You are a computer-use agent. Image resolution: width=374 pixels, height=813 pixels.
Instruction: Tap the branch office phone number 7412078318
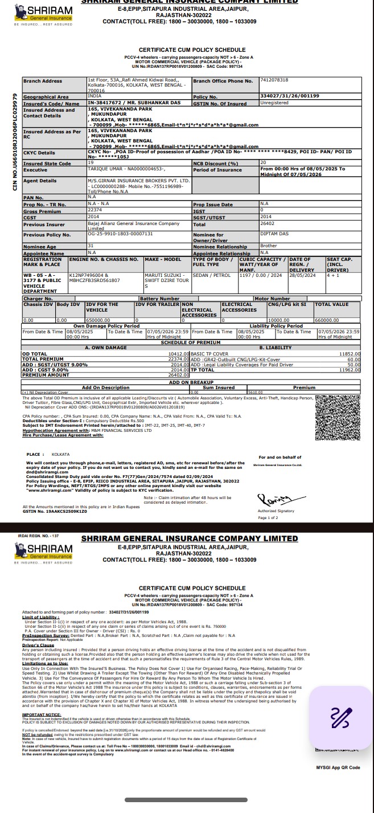[274, 80]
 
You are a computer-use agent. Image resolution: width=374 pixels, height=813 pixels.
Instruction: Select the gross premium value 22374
[95, 210]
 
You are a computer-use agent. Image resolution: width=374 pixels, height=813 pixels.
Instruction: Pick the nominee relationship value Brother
[268, 246]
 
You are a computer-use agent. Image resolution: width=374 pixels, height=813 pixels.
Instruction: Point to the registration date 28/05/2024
[302, 275]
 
